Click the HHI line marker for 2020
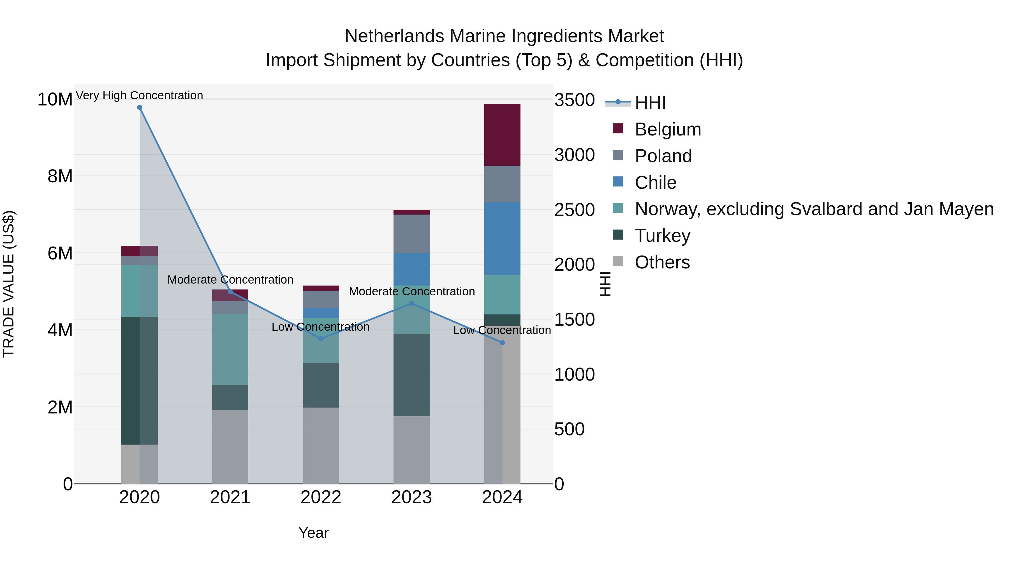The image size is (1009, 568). pos(140,107)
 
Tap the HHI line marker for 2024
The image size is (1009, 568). pos(503,342)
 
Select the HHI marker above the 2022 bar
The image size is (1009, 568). pos(321,339)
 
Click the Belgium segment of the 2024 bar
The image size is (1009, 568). pos(502,135)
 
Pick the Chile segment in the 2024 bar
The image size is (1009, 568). pos(502,238)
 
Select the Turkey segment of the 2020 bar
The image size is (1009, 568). pos(140,380)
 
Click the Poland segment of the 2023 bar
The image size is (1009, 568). pos(412,234)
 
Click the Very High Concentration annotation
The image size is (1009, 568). pos(140,95)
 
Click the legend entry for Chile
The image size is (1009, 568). pos(655,182)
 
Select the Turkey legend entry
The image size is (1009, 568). pos(662,236)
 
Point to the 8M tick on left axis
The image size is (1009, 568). pos(60,176)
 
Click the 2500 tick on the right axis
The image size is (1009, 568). pos(574,210)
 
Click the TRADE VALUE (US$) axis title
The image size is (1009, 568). pos(9,284)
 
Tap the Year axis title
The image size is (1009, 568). pos(313,533)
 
